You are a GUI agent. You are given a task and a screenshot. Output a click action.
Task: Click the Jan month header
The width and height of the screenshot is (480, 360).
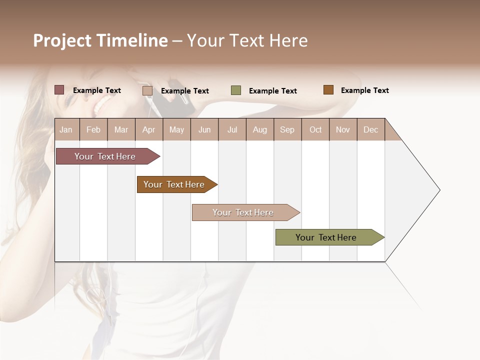[x=66, y=129]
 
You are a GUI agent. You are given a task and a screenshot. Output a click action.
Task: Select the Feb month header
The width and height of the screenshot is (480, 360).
[x=93, y=129]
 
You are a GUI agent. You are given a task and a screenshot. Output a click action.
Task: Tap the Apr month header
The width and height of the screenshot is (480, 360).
[x=148, y=129]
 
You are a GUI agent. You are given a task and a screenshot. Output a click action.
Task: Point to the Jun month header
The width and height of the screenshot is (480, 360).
[x=204, y=129]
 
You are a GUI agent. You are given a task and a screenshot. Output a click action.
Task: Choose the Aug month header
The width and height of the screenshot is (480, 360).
[x=259, y=129]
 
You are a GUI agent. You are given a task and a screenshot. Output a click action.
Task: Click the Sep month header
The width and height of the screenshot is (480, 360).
[x=287, y=129]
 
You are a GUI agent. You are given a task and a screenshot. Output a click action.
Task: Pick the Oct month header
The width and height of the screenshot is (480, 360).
[x=315, y=129]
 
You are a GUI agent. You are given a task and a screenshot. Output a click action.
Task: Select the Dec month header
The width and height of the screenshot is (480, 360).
[x=370, y=129]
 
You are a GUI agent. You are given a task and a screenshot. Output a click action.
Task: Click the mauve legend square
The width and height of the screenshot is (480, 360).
[x=59, y=90]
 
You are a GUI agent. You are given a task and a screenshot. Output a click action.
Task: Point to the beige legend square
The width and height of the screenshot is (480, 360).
[x=147, y=90]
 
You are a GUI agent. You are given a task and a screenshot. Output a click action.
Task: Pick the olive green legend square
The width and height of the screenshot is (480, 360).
[x=236, y=90]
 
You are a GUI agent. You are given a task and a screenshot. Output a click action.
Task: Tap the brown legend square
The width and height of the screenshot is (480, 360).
[x=328, y=90]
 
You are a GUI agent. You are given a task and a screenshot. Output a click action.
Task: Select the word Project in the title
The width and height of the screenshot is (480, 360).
[x=62, y=40]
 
